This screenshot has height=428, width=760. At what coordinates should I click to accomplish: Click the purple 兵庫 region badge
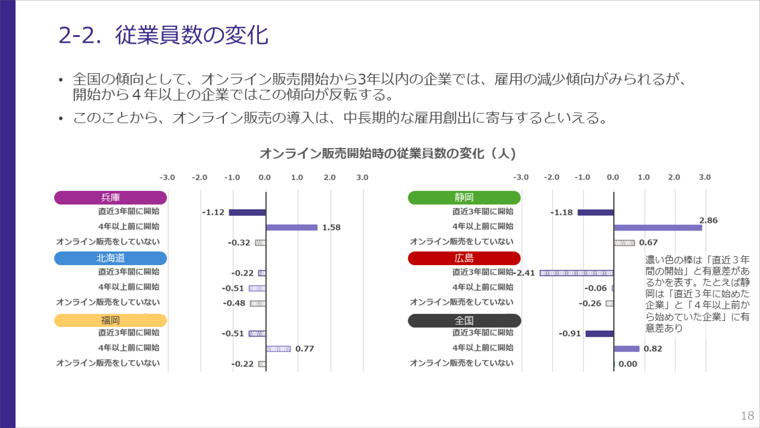(x=110, y=198)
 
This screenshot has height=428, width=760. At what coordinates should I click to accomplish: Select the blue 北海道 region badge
(x=110, y=258)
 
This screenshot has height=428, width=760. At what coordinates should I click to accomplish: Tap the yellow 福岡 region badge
(x=110, y=320)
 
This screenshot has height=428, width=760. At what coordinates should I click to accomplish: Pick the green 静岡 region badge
(x=464, y=197)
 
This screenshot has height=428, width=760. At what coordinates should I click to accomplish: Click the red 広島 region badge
(x=464, y=258)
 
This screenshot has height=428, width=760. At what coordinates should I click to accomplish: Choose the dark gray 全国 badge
(x=464, y=320)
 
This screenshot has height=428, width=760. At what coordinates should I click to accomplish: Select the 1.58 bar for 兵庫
(x=292, y=227)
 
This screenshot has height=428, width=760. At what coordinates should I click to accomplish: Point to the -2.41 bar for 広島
(x=577, y=273)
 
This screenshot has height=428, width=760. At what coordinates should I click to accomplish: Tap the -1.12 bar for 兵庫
(x=247, y=212)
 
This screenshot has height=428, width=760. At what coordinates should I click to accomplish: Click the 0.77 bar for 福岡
(x=278, y=349)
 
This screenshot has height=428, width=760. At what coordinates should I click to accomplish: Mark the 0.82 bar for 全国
(x=627, y=349)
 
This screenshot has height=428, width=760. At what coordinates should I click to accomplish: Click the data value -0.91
(x=570, y=334)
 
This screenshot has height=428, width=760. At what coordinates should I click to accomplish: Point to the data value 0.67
(x=648, y=242)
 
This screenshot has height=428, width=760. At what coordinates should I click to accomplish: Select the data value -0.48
(x=234, y=303)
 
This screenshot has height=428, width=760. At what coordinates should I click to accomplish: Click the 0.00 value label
(x=628, y=364)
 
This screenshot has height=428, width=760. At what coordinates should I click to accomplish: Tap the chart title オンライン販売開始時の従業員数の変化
(x=372, y=154)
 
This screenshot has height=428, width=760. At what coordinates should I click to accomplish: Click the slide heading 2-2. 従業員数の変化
(x=163, y=35)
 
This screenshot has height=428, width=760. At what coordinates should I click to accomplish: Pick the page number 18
(x=747, y=416)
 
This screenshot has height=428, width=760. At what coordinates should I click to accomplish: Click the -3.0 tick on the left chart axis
(x=167, y=178)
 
